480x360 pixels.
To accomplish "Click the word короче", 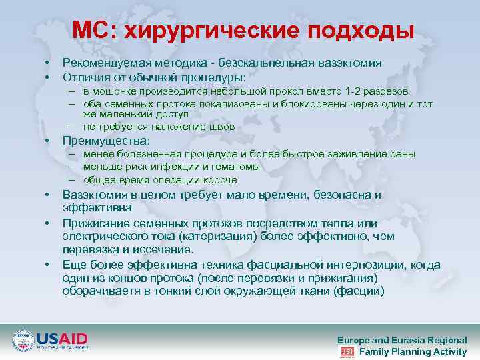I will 220,180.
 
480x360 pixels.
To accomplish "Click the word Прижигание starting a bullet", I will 95,223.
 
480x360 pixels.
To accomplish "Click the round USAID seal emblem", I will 23,341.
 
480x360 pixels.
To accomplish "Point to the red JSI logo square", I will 347,352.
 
